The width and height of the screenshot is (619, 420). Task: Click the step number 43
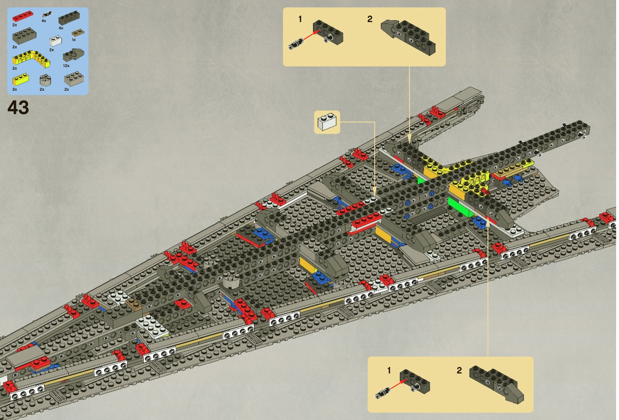tap(18, 108)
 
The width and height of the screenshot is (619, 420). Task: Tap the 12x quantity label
tap(66, 65)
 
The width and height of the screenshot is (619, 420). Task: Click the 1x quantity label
tap(74, 40)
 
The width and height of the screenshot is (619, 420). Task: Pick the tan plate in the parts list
tap(78, 33)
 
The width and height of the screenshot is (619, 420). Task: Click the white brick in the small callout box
tap(327, 122)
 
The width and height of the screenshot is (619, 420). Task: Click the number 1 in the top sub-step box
tap(300, 19)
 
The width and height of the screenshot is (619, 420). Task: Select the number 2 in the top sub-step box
tap(370, 19)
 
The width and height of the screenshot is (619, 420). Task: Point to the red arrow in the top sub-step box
tap(311, 35)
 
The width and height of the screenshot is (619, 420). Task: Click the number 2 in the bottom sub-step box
tap(459, 370)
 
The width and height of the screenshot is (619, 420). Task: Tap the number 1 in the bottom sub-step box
tap(389, 370)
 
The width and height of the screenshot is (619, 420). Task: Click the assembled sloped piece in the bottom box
tap(497, 384)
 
